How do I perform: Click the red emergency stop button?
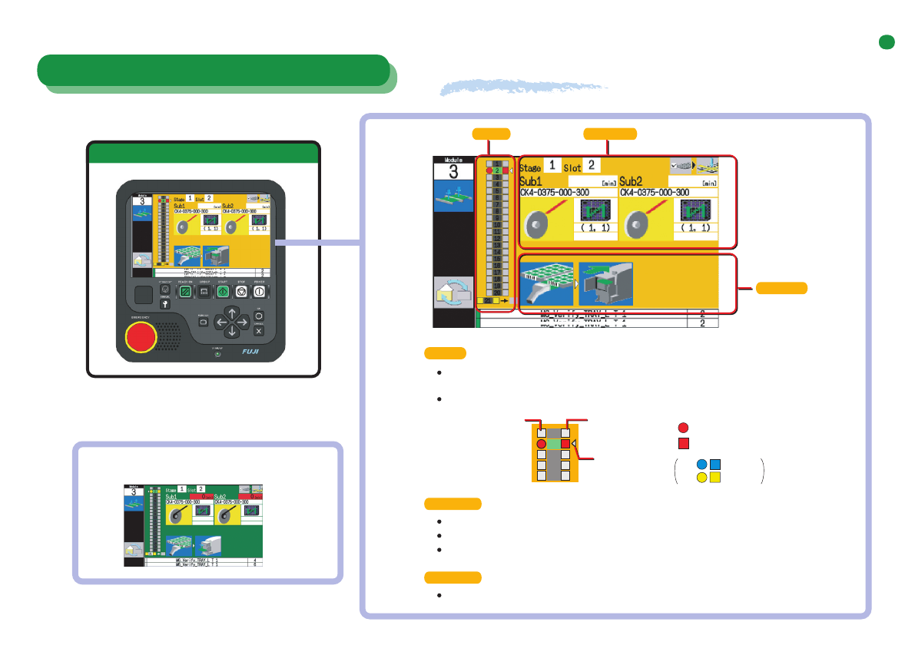click(141, 336)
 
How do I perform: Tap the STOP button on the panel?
click(241, 292)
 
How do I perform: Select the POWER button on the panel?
click(260, 292)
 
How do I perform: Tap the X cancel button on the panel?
click(259, 332)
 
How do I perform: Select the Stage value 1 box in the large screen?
click(552, 165)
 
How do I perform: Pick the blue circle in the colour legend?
click(701, 464)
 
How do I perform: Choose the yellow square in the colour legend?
click(714, 477)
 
